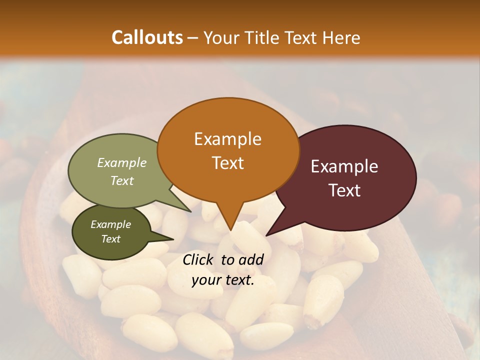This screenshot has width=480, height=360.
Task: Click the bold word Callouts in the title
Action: [x=147, y=37]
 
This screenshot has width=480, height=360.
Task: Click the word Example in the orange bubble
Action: [x=227, y=139]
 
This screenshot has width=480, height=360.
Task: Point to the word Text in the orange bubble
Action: [x=227, y=163]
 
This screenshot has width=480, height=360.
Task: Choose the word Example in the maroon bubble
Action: [x=344, y=166]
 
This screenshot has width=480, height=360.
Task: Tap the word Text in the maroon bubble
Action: [x=344, y=190]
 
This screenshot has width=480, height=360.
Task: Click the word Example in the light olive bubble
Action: [x=121, y=162]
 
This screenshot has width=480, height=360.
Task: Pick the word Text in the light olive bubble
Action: [x=121, y=180]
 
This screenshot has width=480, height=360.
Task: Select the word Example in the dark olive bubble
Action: [x=110, y=224]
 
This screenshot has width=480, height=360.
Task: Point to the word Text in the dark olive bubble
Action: [x=110, y=239]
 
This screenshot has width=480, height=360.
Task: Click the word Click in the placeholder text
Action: [x=199, y=259]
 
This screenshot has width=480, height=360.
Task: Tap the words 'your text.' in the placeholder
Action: [x=223, y=280]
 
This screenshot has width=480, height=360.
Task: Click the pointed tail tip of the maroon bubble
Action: [x=266, y=235]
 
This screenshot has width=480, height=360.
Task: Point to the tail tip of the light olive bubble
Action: [x=191, y=211]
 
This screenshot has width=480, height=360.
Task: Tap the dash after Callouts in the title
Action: [x=193, y=38]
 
